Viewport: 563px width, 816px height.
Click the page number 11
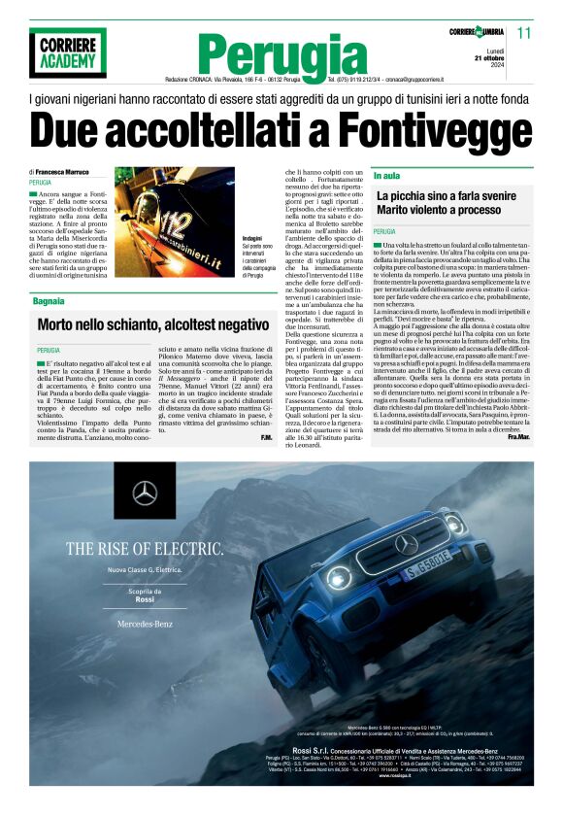(525, 32)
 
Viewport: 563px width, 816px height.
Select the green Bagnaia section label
(48, 276)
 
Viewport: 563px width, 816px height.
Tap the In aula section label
(386, 176)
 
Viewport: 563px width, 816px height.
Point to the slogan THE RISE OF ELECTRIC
(144, 548)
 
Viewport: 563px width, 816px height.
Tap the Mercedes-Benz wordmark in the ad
(144, 621)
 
